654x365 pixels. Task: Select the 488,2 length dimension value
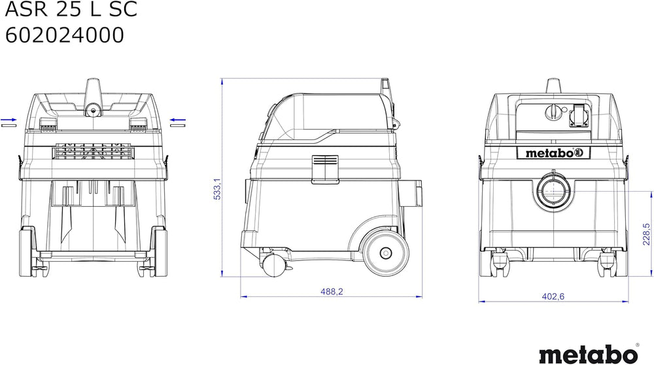coord(332,292)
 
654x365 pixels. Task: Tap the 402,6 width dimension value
coord(553,296)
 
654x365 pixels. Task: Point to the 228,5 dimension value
coord(646,234)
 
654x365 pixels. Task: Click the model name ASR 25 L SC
coord(71,9)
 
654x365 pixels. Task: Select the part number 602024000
coord(65,35)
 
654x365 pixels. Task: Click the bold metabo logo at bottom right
coord(588,354)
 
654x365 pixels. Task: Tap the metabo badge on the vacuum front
coord(553,153)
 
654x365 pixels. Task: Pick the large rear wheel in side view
coord(385,252)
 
